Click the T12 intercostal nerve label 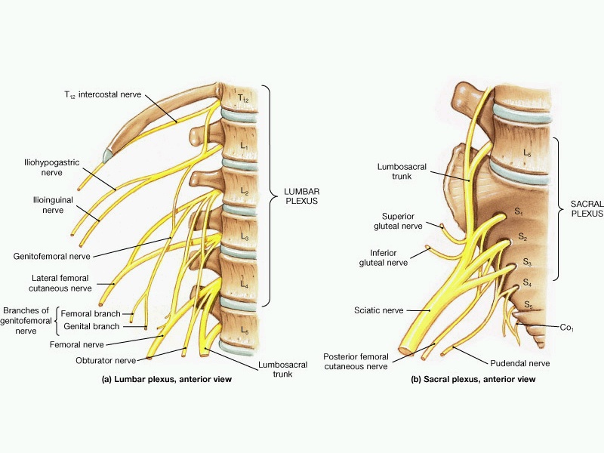(x=103, y=95)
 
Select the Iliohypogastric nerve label (x=51, y=168)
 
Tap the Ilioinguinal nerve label (x=53, y=205)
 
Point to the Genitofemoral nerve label (x=51, y=257)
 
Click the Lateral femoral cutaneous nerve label (x=60, y=283)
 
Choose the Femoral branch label (x=91, y=313)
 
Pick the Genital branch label (x=91, y=327)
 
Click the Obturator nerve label (x=106, y=361)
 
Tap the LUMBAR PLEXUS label (x=301, y=196)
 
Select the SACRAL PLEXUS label (x=587, y=209)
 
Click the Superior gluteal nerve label (x=398, y=221)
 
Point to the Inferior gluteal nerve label (x=384, y=257)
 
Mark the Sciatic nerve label (x=379, y=310)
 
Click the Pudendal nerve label (x=520, y=363)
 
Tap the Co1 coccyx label (x=567, y=328)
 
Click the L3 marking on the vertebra (x=245, y=236)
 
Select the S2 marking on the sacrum (x=522, y=236)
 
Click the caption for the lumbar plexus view (x=167, y=379)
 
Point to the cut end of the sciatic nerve (x=405, y=351)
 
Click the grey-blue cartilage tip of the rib (x=108, y=156)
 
